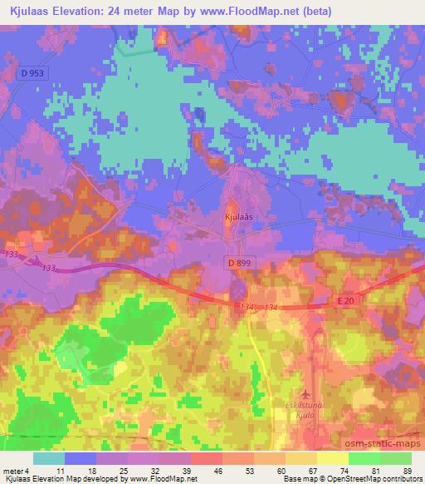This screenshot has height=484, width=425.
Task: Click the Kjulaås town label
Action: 237,215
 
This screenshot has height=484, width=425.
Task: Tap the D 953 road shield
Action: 30,73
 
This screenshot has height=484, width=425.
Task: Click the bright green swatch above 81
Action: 364,458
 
